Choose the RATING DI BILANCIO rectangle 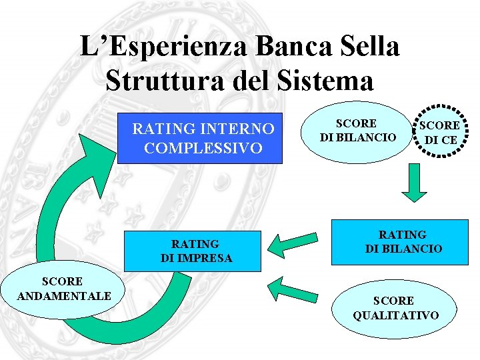click(403, 241)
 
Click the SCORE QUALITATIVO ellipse click(395, 308)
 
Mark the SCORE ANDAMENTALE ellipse click(56, 288)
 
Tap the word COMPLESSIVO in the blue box click(203, 147)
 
